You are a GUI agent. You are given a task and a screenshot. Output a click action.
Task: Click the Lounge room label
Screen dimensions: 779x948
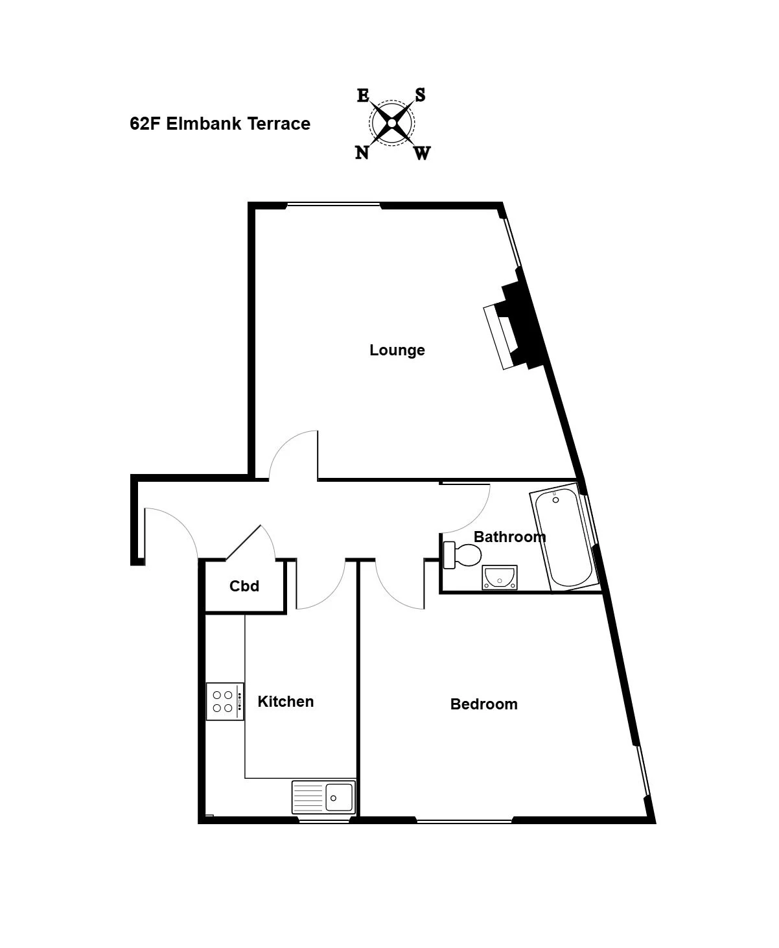397,350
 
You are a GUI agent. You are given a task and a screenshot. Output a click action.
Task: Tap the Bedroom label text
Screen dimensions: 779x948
484,704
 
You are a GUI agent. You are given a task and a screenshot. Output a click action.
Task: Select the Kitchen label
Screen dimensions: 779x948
286,701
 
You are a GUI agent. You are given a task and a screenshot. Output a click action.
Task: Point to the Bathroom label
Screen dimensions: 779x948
510,537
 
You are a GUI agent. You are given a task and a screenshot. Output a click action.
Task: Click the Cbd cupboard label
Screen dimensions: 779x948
244,586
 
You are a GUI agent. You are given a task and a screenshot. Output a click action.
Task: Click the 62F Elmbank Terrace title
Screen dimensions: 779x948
220,124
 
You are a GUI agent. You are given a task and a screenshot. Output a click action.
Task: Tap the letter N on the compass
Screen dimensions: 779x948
362,153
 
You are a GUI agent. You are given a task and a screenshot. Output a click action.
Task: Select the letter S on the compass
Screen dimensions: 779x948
420,95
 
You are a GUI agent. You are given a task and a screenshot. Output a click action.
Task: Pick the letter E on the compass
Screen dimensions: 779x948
363,95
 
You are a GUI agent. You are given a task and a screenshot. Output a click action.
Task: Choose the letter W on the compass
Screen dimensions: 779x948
422,153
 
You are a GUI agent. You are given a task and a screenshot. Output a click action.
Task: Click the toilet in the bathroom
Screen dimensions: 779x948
462,555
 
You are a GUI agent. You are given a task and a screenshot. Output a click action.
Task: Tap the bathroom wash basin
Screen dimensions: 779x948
500,578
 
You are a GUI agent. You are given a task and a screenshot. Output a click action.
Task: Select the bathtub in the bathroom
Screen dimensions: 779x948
564,537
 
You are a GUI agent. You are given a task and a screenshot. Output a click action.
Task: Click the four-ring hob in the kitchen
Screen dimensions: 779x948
225,701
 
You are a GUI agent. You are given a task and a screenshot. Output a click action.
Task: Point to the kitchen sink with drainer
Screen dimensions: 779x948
323,796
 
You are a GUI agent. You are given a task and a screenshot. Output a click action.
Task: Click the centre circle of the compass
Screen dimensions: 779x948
391,123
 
